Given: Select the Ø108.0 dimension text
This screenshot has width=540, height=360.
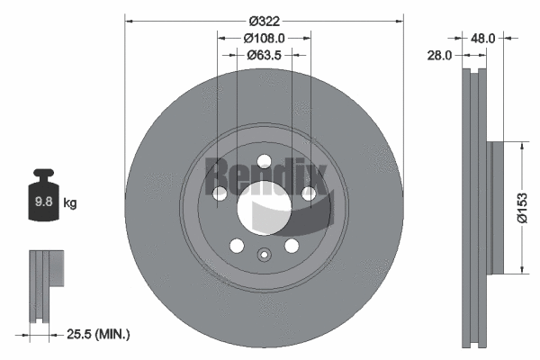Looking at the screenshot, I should coord(265,38).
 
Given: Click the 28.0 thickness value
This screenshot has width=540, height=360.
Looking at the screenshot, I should coord(440,55).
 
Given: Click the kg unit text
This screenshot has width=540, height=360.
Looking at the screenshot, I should coord(70,203).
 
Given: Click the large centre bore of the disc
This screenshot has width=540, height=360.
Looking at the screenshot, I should coord(265,207).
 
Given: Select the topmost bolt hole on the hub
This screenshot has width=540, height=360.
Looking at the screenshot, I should coord(264,162).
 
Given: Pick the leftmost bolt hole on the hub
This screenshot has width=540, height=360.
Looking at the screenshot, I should coord(220,193).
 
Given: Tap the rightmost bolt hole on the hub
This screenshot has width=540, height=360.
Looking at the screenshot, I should coord(309,193).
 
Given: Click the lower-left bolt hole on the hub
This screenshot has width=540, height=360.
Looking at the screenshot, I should coord(237,246).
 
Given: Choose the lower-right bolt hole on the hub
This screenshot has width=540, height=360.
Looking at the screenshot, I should coord(292,246).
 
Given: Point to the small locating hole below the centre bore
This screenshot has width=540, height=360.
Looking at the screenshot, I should coord(264,254).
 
